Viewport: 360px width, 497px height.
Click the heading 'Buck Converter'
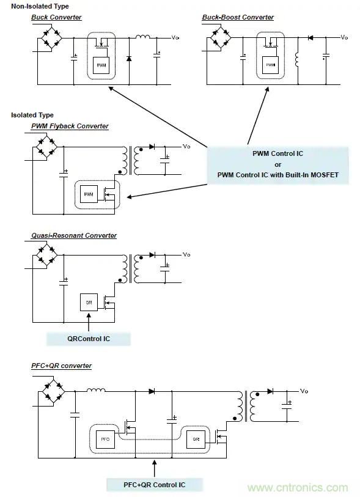[56, 17]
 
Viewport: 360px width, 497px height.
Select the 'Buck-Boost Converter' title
[238, 17]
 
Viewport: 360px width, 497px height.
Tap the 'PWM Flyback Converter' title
[70, 126]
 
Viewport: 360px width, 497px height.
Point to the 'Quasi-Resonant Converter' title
[74, 235]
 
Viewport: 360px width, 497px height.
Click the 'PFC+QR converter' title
[61, 366]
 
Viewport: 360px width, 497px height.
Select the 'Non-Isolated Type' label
[40, 6]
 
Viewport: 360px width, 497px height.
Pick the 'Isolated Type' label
[32, 115]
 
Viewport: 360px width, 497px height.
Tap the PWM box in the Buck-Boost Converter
[270, 64]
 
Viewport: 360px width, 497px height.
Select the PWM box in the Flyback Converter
[89, 194]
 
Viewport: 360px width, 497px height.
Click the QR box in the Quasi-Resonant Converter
[89, 303]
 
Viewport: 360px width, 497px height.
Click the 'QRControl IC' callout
[89, 338]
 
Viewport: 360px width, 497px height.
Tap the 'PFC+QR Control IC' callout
[154, 485]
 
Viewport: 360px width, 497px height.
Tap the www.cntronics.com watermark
[298, 488]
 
